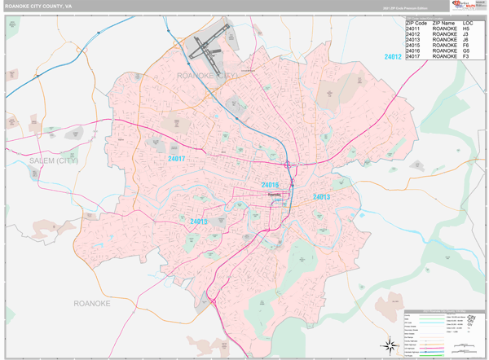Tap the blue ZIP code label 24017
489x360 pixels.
click(178, 158)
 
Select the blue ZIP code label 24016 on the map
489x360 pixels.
click(271, 186)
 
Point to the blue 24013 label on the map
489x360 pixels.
click(321, 197)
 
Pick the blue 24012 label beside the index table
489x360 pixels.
click(393, 57)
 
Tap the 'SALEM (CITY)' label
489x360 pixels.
click(54, 161)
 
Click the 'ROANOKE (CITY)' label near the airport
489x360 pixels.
click(207, 75)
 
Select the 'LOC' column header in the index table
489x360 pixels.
click(467, 23)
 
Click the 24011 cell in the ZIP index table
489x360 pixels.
click(413, 29)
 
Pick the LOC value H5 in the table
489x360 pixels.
click(466, 29)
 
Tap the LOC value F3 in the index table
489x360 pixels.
click(466, 57)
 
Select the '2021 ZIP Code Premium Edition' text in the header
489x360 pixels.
click(401, 8)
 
